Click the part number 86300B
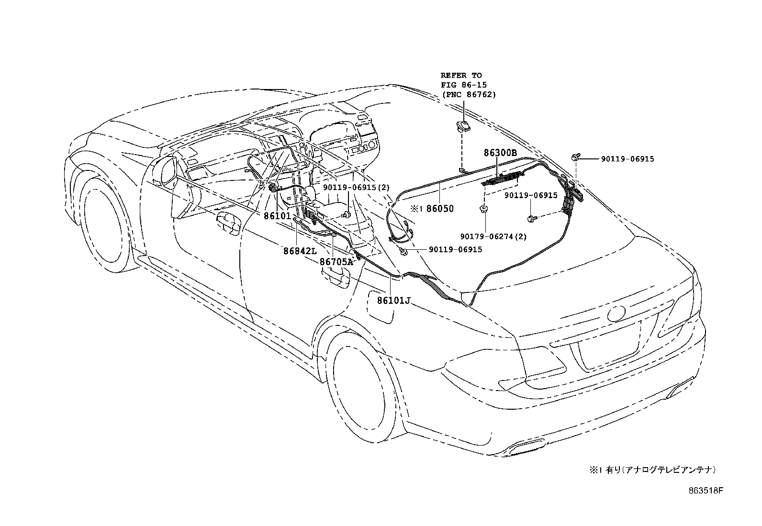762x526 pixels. point(500,153)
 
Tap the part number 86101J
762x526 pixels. point(394,301)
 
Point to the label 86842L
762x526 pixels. point(300,251)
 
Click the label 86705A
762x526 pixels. point(336,261)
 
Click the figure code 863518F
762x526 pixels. point(705,491)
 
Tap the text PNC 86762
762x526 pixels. point(469,94)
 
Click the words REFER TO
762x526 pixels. point(461,75)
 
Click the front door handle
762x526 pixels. point(228,224)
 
